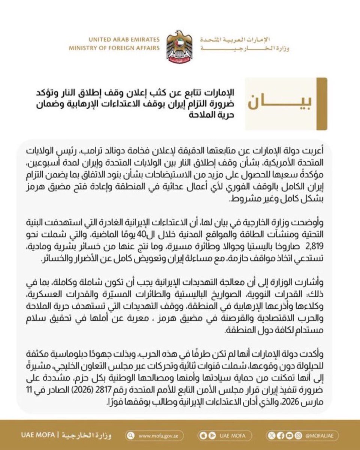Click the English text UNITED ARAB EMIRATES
pyautogui.click(x=124, y=40)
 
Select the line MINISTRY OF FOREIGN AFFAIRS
pyautogui.click(x=114, y=48)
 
